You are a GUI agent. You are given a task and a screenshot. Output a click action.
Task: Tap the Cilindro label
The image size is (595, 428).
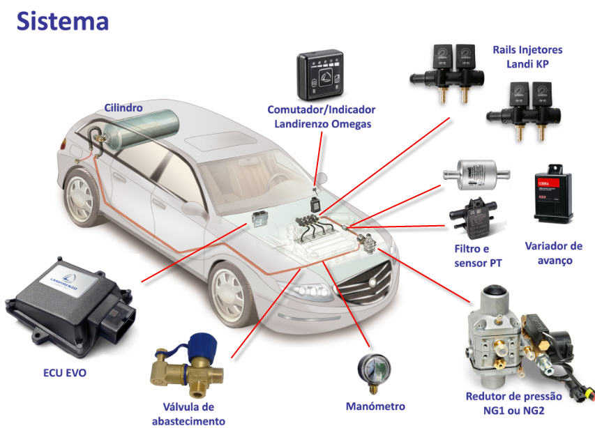pyautogui.click(x=123, y=108)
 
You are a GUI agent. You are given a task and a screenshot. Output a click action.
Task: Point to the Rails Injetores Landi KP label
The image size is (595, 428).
pyautogui.click(x=527, y=57)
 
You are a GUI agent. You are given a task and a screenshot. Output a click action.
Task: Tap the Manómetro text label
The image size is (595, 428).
pyautogui.click(x=375, y=406)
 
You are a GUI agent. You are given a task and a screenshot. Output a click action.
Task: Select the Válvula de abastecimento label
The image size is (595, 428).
pyautogui.click(x=188, y=414)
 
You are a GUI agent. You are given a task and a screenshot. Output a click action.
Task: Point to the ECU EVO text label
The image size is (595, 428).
pyautogui.click(x=65, y=373)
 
